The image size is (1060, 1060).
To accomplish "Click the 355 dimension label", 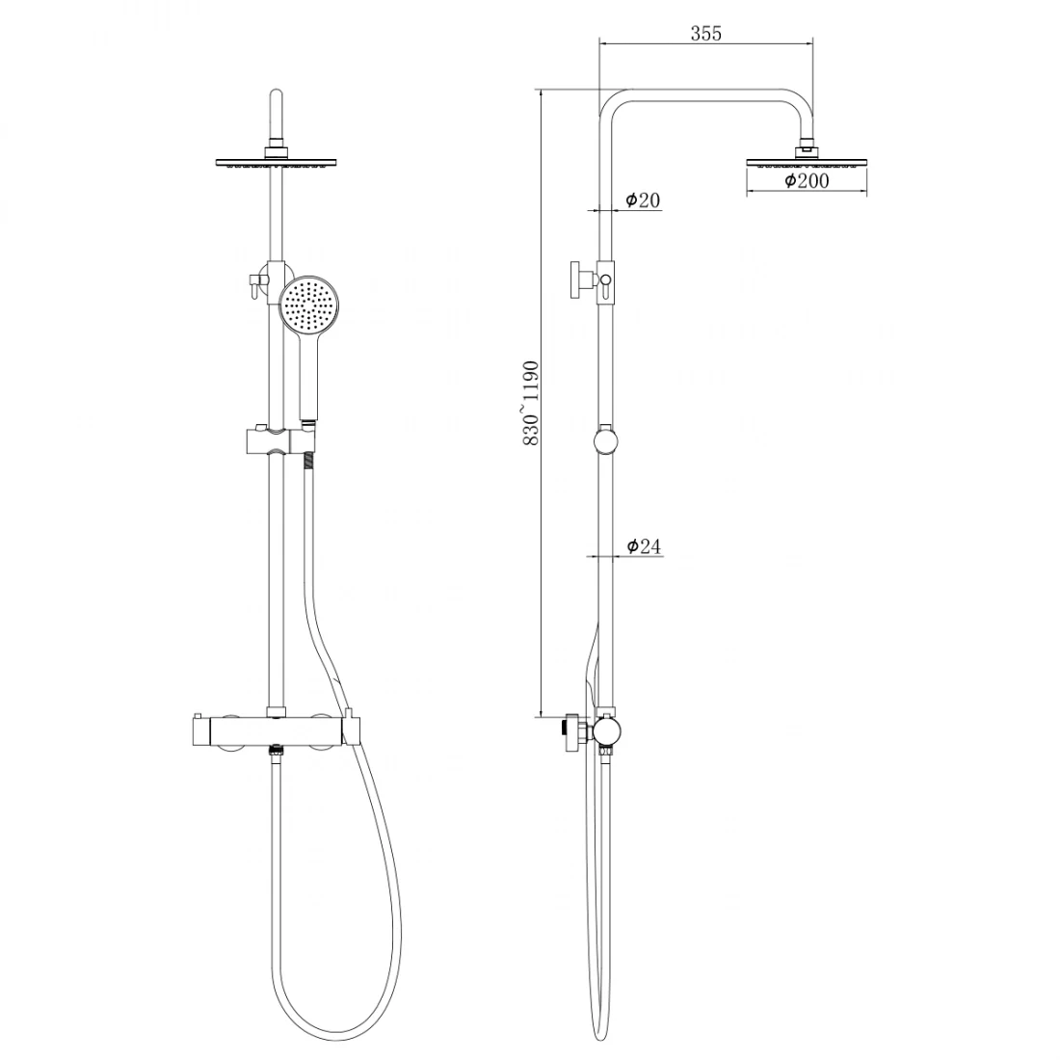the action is (705, 33).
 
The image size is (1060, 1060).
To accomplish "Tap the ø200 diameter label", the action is (807, 180).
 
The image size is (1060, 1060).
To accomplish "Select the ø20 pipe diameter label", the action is (642, 200).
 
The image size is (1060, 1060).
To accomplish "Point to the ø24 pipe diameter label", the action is (644, 545).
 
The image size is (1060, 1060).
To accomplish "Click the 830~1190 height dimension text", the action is (531, 403).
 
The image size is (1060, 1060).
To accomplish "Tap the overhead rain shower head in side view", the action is (807, 162).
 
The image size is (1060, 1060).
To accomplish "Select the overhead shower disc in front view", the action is (276, 162).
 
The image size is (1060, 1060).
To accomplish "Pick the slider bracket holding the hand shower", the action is (278, 441).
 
